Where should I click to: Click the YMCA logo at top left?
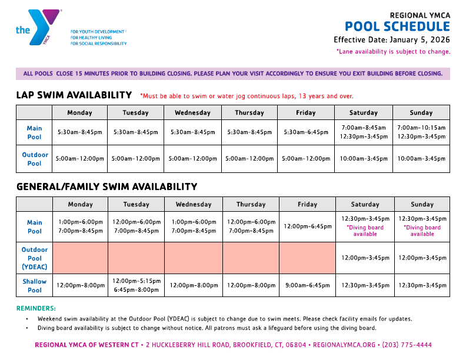[38, 27]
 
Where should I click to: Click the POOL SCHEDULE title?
[397, 26]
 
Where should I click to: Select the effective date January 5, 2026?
[418, 40]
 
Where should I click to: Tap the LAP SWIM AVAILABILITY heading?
[74, 95]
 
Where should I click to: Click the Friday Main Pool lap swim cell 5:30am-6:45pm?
[306, 132]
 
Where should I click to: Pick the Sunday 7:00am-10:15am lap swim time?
[421, 128]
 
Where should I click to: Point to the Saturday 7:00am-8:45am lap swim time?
[364, 128]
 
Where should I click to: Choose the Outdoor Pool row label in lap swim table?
[35, 159]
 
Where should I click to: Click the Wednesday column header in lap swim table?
[192, 113]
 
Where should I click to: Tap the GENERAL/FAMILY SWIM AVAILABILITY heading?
[106, 187]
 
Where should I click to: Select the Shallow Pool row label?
[35, 286]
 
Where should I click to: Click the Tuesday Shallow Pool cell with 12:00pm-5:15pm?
[137, 281]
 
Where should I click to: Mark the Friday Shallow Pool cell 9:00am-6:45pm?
[307, 285]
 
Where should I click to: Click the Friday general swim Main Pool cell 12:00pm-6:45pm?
[307, 226]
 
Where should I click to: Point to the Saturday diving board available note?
[365, 231]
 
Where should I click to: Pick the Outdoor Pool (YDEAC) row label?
[35, 258]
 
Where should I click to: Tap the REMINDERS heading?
[36, 308]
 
